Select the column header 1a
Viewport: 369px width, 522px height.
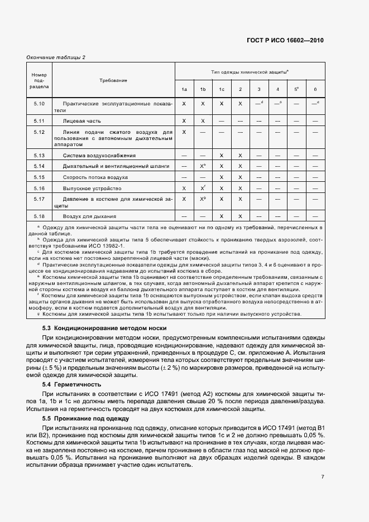point(184,90)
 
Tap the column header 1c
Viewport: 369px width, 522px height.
point(222,90)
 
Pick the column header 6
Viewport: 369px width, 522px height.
point(315,90)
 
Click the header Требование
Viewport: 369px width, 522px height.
point(113,80)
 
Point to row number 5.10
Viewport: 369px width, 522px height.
point(39,104)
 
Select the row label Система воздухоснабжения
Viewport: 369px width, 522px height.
point(99,155)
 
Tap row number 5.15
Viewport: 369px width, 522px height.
point(39,177)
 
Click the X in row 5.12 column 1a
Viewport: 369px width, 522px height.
point(184,132)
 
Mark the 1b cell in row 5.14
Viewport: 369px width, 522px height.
point(203,166)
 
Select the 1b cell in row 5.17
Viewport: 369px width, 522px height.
point(203,199)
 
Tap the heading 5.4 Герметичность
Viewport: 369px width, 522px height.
point(71,384)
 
